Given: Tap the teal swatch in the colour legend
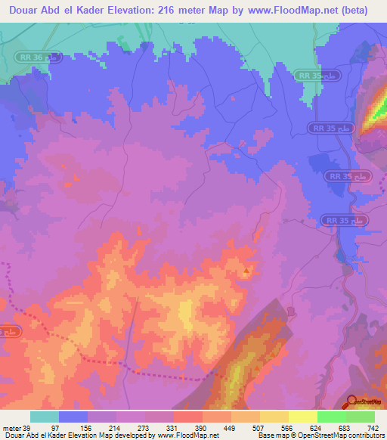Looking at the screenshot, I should (44, 417).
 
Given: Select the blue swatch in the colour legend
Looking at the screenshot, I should (73, 417).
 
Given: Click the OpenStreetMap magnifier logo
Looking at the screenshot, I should (351, 402).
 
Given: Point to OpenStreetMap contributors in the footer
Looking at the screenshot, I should (345, 435).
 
